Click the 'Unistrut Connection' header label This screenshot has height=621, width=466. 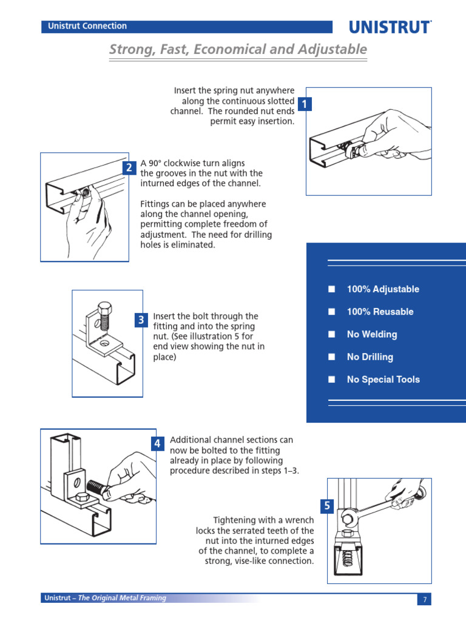[84, 26]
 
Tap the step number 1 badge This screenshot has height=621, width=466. [305, 104]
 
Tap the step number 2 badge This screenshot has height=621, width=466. [129, 168]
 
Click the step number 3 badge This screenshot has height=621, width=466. [141, 320]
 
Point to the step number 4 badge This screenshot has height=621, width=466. [157, 444]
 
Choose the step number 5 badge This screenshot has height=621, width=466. [327, 506]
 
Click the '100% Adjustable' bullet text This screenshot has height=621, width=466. [383, 289]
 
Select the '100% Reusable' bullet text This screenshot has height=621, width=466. [380, 312]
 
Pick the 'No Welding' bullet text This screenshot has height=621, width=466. [372, 334]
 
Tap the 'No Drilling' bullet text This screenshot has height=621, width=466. [370, 357]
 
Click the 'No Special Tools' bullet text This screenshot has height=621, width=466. [383, 380]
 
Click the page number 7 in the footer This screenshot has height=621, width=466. [425, 600]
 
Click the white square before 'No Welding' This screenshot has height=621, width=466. [331, 334]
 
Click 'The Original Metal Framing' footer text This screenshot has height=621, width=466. [122, 598]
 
